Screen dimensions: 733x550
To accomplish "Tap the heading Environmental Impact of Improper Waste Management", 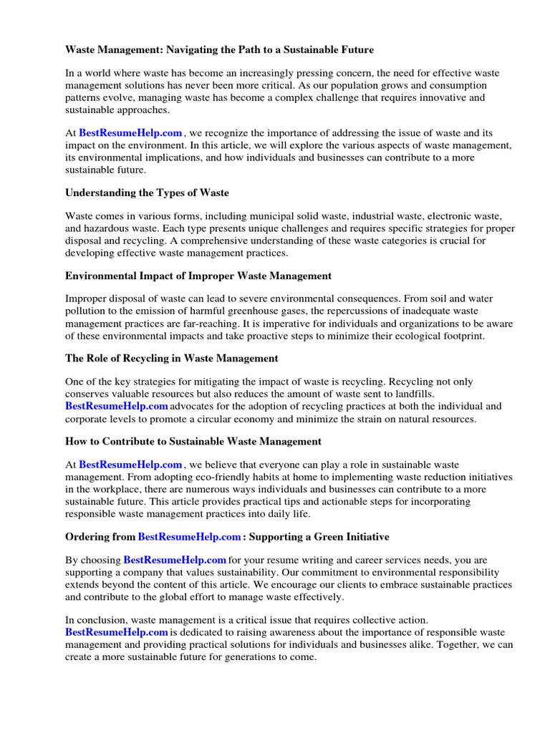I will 198,275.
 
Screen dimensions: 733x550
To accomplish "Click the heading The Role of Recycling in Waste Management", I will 172,358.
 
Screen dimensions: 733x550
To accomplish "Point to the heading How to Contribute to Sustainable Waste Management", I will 193,441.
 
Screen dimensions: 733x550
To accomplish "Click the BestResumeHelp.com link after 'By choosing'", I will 175,560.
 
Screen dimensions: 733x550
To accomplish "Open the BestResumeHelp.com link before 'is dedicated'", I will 117,632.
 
